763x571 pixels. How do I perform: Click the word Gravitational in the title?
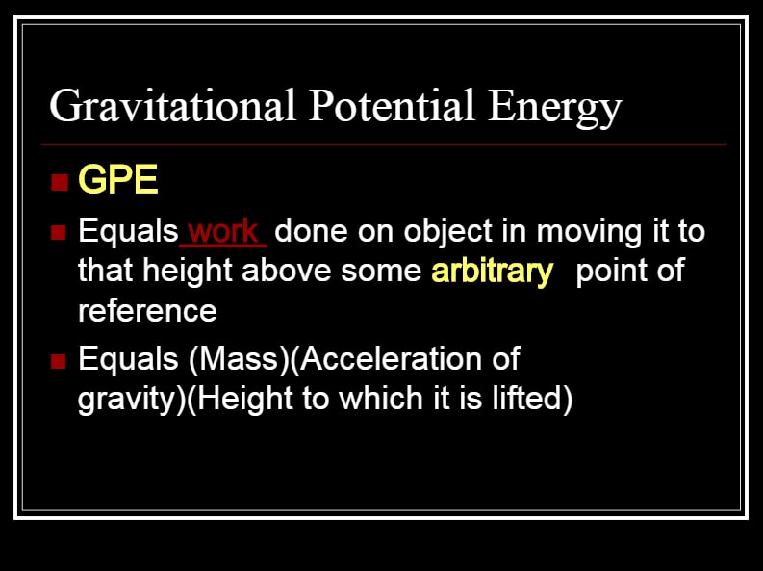(173, 107)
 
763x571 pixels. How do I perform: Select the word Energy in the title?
(555, 108)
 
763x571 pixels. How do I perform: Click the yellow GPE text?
(118, 180)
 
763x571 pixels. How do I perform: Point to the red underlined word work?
(223, 231)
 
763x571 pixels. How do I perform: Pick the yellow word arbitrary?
(493, 273)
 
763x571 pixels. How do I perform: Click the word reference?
(147, 311)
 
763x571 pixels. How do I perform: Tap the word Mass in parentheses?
(243, 359)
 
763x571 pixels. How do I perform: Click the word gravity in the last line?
(126, 401)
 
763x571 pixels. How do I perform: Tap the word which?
(381, 399)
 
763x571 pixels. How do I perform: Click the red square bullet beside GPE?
(60, 182)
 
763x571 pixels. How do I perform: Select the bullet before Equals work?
(58, 232)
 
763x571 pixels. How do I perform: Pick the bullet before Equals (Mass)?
(58, 361)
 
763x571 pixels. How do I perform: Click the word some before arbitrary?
(381, 272)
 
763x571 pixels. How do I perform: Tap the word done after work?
(311, 231)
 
